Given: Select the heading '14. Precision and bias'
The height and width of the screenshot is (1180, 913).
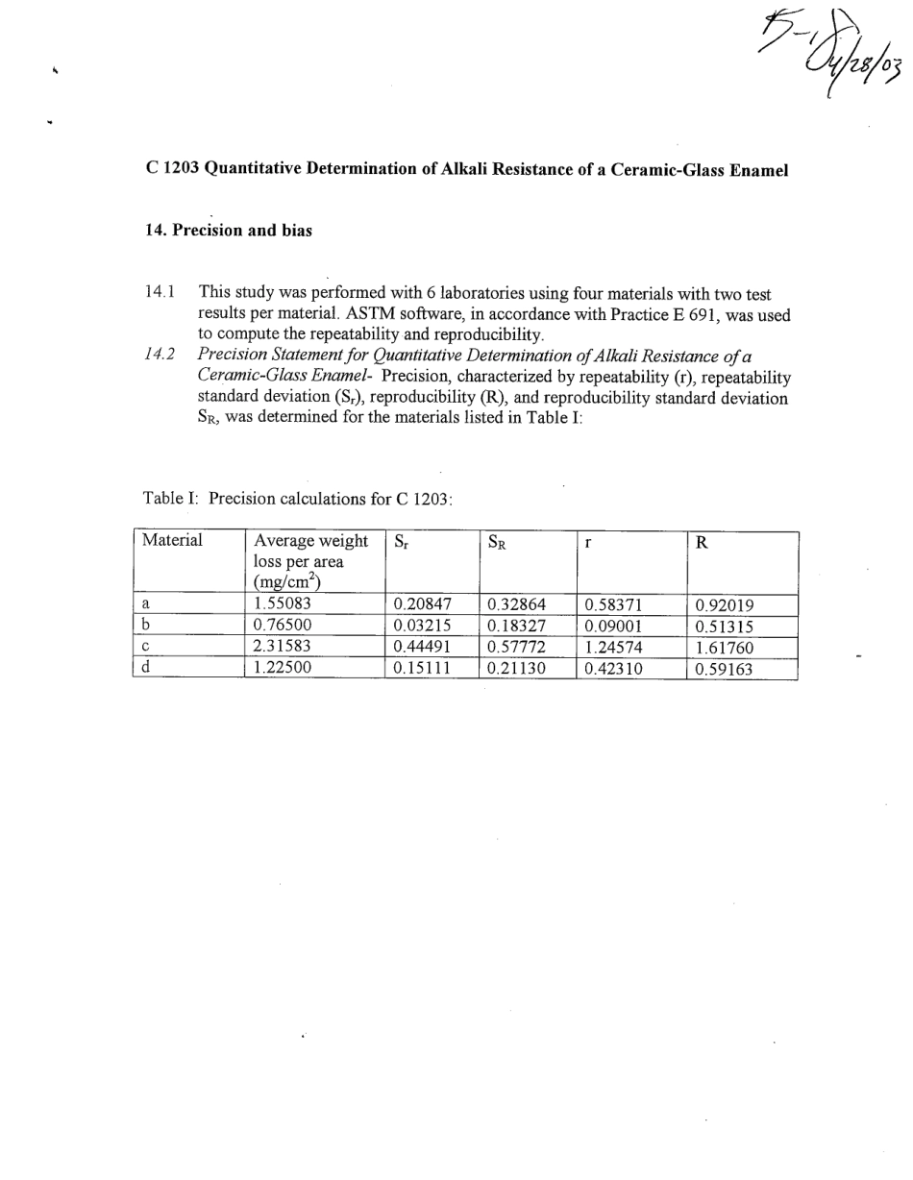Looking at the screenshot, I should [229, 232].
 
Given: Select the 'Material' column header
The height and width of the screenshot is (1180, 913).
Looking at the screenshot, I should [172, 541].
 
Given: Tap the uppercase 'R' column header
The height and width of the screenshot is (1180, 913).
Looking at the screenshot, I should [702, 542].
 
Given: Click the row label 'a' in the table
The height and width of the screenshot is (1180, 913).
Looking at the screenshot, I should [145, 605].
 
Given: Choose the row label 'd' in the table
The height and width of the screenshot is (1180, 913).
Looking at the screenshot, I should [145, 669].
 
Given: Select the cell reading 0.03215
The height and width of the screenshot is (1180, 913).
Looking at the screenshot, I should [422, 627].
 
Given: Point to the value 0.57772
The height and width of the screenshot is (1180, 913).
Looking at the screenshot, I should [516, 648].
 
